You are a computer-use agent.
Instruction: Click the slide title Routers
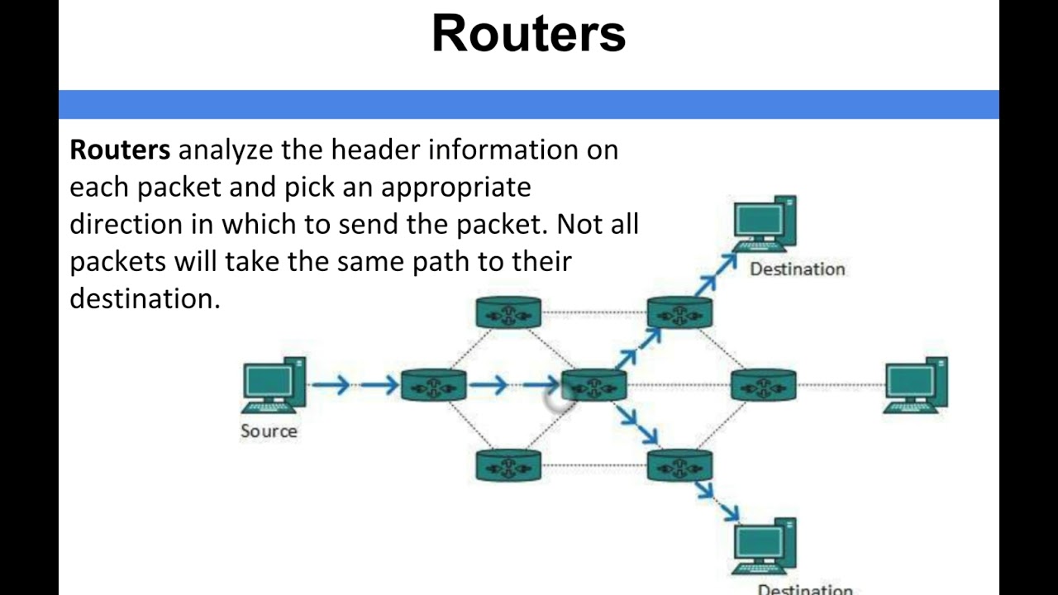coord(528,34)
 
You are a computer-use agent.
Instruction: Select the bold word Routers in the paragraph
coord(120,150)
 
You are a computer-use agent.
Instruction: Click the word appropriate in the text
coord(455,188)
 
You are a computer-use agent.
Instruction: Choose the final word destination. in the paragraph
coord(145,298)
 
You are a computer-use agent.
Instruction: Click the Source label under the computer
coord(269,431)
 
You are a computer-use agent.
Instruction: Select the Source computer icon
coord(274,384)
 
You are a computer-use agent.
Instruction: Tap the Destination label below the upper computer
coord(797,269)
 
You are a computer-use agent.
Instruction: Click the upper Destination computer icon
coord(765,223)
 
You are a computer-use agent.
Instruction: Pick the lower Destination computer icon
coord(765,546)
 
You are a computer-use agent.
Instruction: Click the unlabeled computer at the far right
coord(917,384)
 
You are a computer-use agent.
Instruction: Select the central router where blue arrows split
coord(593,385)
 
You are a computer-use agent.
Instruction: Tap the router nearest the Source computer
coord(433,385)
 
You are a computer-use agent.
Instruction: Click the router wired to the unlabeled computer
coord(763,385)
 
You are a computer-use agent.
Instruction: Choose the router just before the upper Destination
coord(679,312)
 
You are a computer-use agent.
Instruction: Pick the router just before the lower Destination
coord(679,465)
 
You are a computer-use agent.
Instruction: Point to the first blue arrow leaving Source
coord(331,384)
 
